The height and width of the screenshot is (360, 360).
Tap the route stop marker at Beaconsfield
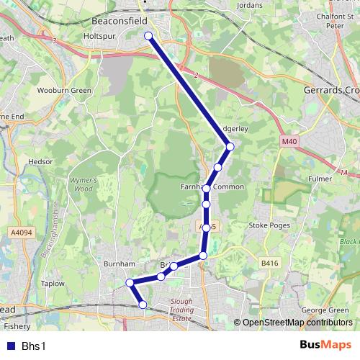[x=148, y=35]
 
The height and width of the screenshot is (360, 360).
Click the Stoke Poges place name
[x=268, y=225]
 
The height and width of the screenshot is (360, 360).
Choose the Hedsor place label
[x=40, y=162]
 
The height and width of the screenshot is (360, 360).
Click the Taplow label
[x=53, y=284]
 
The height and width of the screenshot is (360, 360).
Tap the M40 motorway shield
[x=289, y=142]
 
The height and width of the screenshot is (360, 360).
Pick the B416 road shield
[x=270, y=264]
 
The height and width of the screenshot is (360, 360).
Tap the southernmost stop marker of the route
[x=143, y=305]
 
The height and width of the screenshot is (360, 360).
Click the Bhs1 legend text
[x=34, y=346]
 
